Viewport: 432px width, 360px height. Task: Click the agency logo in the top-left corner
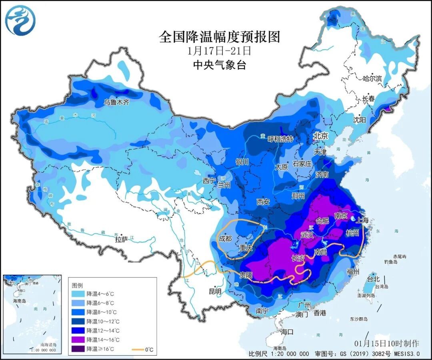click(x=20, y=20)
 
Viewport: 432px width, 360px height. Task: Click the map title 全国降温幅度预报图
click(x=219, y=37)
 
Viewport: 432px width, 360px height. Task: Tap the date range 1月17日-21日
click(x=219, y=51)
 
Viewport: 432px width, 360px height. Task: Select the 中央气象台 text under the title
click(x=219, y=64)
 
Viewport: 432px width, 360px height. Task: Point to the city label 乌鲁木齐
click(x=117, y=102)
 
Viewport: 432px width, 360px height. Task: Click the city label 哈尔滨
click(x=372, y=78)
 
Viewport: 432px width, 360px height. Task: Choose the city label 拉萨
click(x=122, y=239)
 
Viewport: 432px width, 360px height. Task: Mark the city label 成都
click(x=225, y=238)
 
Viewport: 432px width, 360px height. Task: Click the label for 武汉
click(x=308, y=235)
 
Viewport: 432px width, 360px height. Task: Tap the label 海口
click(x=287, y=332)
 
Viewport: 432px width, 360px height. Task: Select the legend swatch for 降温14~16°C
click(x=78, y=340)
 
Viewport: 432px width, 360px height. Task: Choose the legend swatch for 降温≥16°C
click(x=78, y=348)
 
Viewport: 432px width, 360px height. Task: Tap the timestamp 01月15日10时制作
click(x=386, y=343)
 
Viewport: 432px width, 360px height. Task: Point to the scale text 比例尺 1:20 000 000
click(x=278, y=354)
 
